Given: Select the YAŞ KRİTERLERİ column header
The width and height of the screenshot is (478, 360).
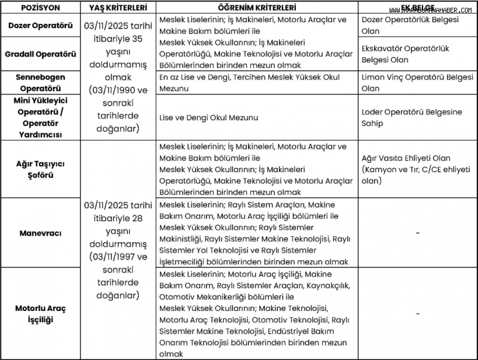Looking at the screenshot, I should (x=117, y=7).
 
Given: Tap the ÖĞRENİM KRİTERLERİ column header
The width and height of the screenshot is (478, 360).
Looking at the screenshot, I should (x=257, y=7).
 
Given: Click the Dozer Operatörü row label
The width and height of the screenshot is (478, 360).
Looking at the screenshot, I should (x=41, y=26).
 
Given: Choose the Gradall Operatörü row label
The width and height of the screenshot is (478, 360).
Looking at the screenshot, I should (x=41, y=54).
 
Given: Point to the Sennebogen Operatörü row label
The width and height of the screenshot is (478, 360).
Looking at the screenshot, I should (x=41, y=83).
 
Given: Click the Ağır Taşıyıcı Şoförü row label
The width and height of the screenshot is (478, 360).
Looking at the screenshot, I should (x=41, y=169).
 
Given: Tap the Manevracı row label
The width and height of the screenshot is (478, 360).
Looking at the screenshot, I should (x=41, y=233).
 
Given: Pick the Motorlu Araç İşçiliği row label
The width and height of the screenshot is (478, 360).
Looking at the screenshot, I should (x=41, y=314).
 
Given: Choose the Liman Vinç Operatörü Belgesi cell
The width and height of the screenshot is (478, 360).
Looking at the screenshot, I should (x=417, y=83).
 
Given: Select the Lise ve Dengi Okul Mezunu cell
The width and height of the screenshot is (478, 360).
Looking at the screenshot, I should (x=209, y=118).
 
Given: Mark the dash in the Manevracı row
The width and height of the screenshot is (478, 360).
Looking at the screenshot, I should (x=417, y=233).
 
